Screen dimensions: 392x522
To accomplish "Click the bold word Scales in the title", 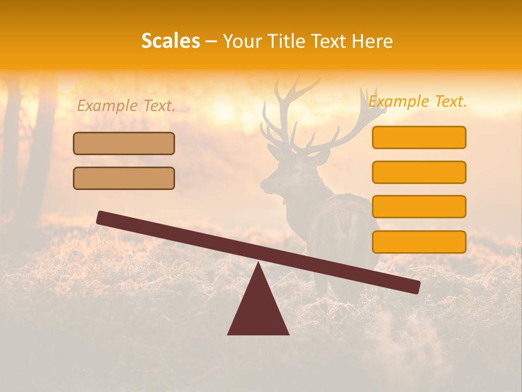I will click(x=170, y=41).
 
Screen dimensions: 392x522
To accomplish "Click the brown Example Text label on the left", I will click(x=126, y=106).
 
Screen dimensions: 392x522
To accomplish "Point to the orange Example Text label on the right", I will click(x=418, y=101).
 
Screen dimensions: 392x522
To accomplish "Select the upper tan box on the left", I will click(x=124, y=143).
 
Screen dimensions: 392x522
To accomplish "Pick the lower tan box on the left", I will click(x=124, y=178).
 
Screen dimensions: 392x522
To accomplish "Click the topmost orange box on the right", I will click(x=419, y=137).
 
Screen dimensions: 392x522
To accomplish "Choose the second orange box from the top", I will click(x=419, y=172).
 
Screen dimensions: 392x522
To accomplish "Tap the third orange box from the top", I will click(x=419, y=206).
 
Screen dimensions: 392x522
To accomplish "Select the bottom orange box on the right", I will click(x=419, y=242).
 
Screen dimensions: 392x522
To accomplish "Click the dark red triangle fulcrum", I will click(x=258, y=310).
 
